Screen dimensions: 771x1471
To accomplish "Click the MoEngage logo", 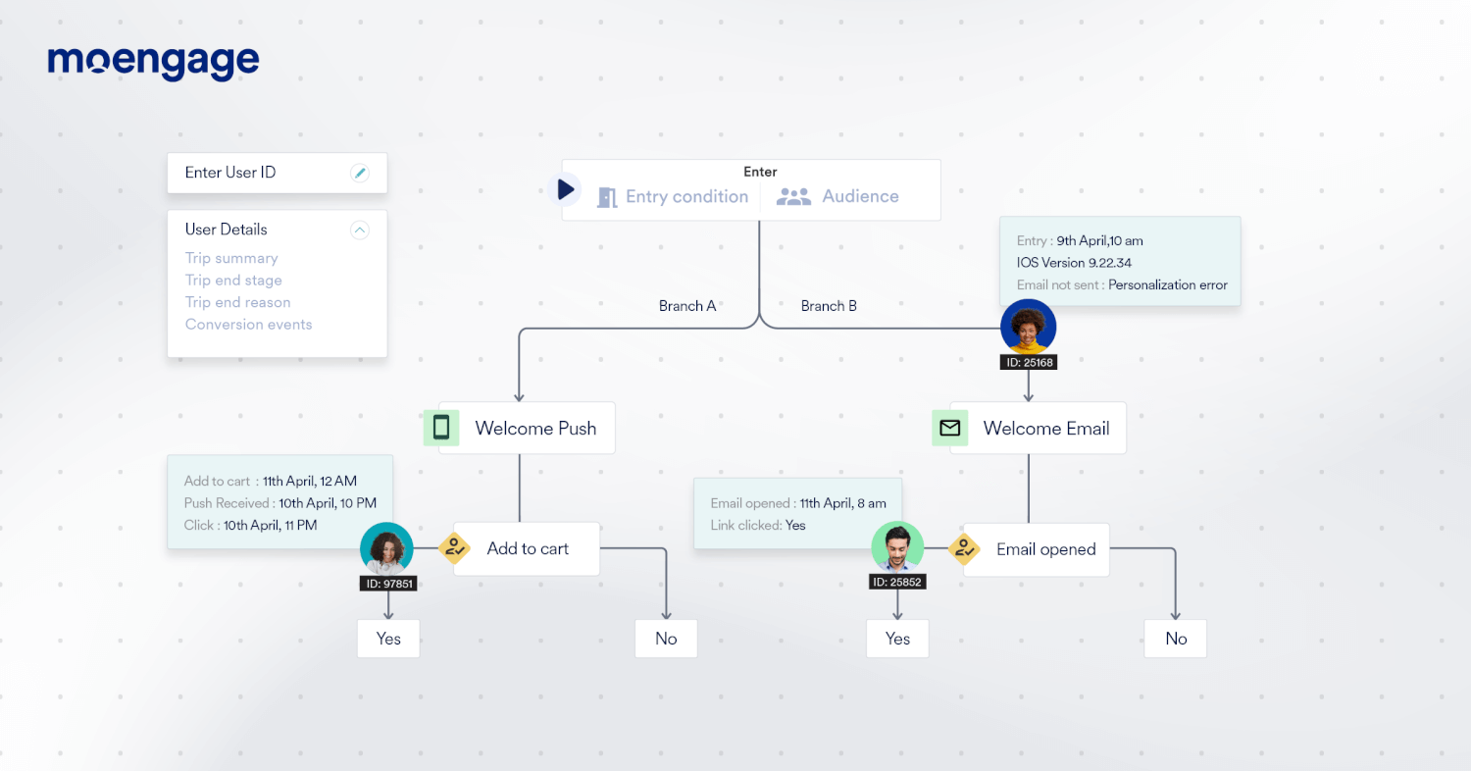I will click(153, 63).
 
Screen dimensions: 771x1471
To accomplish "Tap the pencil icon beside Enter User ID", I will click(360, 174).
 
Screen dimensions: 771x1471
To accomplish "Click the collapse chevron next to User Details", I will click(360, 231).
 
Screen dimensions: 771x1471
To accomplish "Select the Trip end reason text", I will click(237, 302).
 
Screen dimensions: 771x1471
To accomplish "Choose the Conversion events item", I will click(248, 325).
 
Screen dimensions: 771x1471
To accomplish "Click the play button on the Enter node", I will click(566, 189).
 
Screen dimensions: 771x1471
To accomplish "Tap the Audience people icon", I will click(793, 197).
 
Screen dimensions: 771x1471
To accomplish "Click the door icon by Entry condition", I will click(607, 197).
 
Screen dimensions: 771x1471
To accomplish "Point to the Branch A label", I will click(687, 306).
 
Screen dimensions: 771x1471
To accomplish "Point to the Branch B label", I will click(829, 306).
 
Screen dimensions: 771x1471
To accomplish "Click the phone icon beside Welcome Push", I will click(441, 428).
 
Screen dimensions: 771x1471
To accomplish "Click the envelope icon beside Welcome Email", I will click(949, 428).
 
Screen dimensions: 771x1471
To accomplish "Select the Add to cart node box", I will click(528, 549).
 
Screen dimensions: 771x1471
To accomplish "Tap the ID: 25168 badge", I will click(1028, 363).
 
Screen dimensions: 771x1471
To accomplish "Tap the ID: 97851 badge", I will click(387, 584).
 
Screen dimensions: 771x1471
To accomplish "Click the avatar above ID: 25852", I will click(897, 547).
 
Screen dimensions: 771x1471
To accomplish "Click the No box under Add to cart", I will click(666, 639).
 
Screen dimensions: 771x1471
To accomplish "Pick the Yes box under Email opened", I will click(897, 639).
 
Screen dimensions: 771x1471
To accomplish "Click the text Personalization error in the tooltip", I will click(1167, 285).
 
